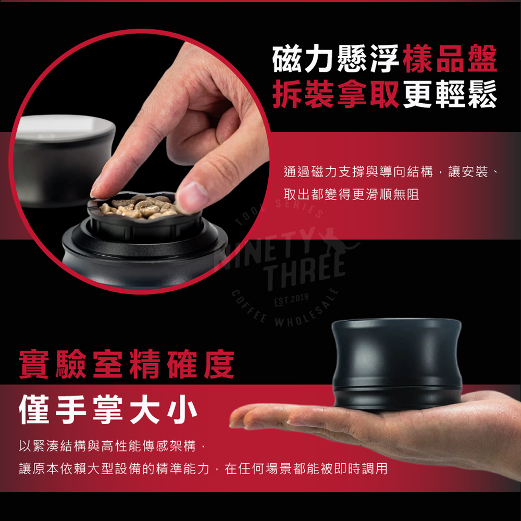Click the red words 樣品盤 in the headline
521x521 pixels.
click(x=450, y=59)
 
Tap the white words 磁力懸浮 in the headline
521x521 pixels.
click(x=336, y=59)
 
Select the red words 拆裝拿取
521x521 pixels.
click(x=336, y=94)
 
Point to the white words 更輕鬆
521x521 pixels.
click(x=450, y=94)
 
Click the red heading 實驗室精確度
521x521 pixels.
click(x=127, y=364)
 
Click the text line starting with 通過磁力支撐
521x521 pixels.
click(x=390, y=172)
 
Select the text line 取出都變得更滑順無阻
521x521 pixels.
click(x=351, y=194)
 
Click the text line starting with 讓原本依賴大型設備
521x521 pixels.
click(x=203, y=468)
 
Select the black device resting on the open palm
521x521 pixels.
click(x=396, y=363)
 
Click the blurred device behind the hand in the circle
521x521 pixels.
click(x=63, y=159)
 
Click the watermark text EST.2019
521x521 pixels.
click(x=291, y=300)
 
